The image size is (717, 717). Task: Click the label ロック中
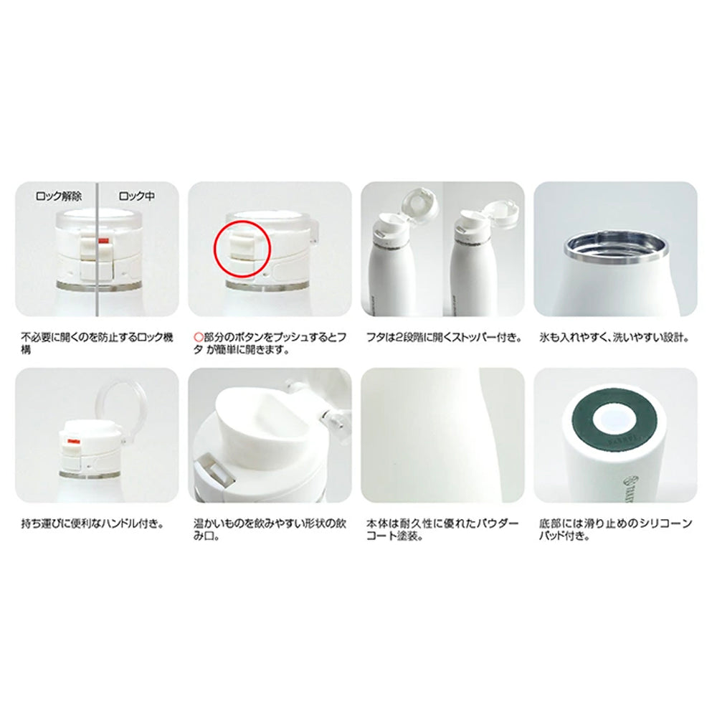click(x=136, y=195)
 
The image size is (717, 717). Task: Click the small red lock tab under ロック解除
click(x=103, y=241)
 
